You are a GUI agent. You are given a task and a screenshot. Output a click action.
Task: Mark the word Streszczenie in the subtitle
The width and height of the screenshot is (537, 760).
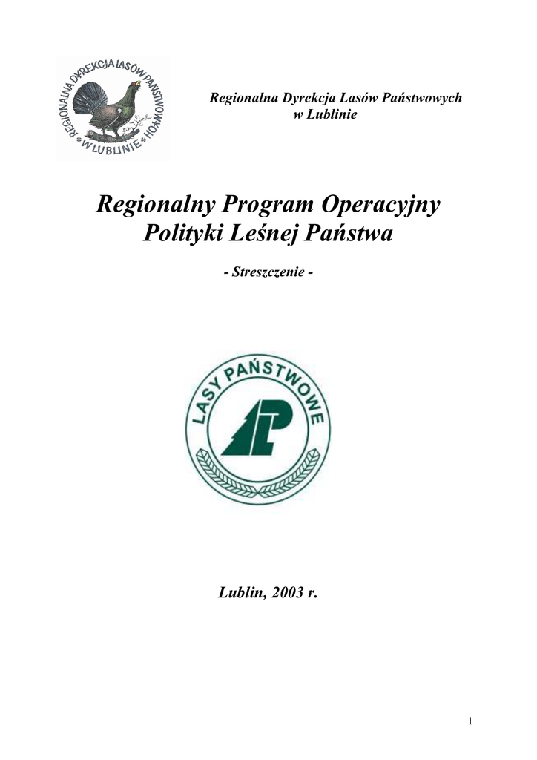coord(268,273)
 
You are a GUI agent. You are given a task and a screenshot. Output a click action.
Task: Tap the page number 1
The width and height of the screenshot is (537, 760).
coord(470,721)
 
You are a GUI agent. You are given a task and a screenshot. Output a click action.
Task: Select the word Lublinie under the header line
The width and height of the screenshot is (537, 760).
coord(334,114)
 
